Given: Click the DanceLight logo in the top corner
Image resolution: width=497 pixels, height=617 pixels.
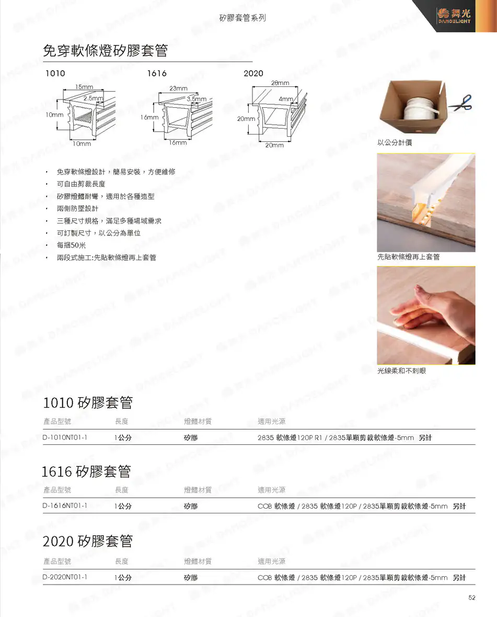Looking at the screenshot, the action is coord(454,16).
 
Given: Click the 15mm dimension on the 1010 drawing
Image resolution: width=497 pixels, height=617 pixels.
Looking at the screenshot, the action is coord(84,86).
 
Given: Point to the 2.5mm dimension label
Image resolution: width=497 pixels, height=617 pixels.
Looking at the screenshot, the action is coord(93,98).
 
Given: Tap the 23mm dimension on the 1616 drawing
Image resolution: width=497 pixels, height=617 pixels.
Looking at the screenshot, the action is coord(178,88).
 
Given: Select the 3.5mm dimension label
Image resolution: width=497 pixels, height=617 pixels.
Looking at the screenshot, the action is coord(197,99).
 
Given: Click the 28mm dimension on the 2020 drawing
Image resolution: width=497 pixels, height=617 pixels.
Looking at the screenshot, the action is coord(280,83).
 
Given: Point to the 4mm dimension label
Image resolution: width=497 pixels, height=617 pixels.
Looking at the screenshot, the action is coord(286,99).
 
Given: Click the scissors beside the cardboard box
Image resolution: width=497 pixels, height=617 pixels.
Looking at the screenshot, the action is coord(461,103).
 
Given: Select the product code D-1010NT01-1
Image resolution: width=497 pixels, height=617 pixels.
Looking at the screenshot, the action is coord(65,437).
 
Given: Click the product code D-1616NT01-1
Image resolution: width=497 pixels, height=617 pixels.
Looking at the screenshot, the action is coord(65,506).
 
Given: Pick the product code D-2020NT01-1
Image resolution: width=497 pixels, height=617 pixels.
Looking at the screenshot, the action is coord(65,577).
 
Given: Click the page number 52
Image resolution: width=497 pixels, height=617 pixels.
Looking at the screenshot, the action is coord(472,597).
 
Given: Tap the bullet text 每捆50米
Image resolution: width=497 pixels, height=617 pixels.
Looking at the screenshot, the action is coord(71,245).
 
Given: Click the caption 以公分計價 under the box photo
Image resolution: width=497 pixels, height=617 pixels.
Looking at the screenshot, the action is coord(395,142).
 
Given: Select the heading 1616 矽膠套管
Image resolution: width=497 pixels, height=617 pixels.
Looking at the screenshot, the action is coord(86,471).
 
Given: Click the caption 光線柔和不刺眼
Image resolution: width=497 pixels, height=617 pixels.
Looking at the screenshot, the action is coord(401,371).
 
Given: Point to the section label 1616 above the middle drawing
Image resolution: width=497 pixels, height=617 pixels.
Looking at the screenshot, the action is coord(157,73).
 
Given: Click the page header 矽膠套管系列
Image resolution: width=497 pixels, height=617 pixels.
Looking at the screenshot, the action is coord(242,18).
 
